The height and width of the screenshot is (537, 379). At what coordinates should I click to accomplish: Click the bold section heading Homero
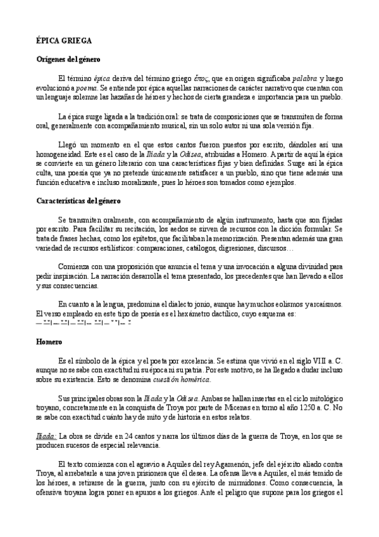[x=48, y=342]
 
